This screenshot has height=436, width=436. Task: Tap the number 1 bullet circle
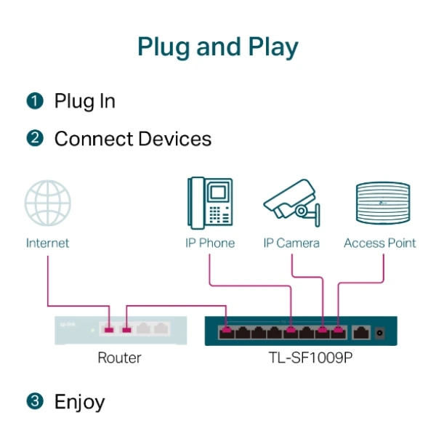(x=35, y=101)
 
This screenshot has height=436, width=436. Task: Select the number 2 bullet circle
(x=35, y=139)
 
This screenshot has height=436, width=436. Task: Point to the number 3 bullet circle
(x=35, y=401)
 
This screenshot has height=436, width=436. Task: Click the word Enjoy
(x=80, y=401)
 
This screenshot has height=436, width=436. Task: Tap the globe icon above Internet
(x=48, y=204)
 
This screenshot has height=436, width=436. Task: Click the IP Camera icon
(x=291, y=205)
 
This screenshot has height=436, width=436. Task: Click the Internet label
(x=48, y=243)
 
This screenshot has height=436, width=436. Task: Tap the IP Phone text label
(x=210, y=243)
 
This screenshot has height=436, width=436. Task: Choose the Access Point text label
(x=380, y=243)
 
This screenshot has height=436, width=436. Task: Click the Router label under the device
(x=119, y=358)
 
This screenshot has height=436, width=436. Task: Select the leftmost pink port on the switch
(x=227, y=333)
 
